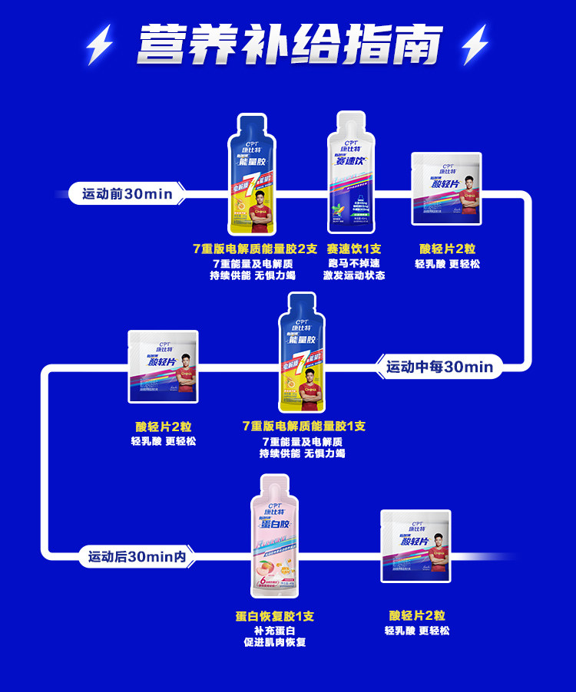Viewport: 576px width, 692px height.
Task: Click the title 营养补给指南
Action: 290,44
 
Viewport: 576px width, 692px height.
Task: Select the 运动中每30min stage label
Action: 439,367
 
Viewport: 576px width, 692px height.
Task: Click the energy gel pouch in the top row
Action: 255,176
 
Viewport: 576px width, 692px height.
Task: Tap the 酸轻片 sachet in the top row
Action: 447,189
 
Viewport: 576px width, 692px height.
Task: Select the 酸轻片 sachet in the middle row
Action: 164,367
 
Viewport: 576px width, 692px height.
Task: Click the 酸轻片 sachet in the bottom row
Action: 416,545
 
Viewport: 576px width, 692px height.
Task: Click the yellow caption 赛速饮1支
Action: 353,249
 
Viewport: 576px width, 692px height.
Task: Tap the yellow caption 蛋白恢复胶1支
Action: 274,616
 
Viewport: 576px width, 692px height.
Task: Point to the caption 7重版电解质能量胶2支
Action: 254,249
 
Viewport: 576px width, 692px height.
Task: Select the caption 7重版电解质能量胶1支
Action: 303,426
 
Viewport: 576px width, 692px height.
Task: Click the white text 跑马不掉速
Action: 353,262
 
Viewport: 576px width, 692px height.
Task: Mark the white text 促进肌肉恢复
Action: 274,642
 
